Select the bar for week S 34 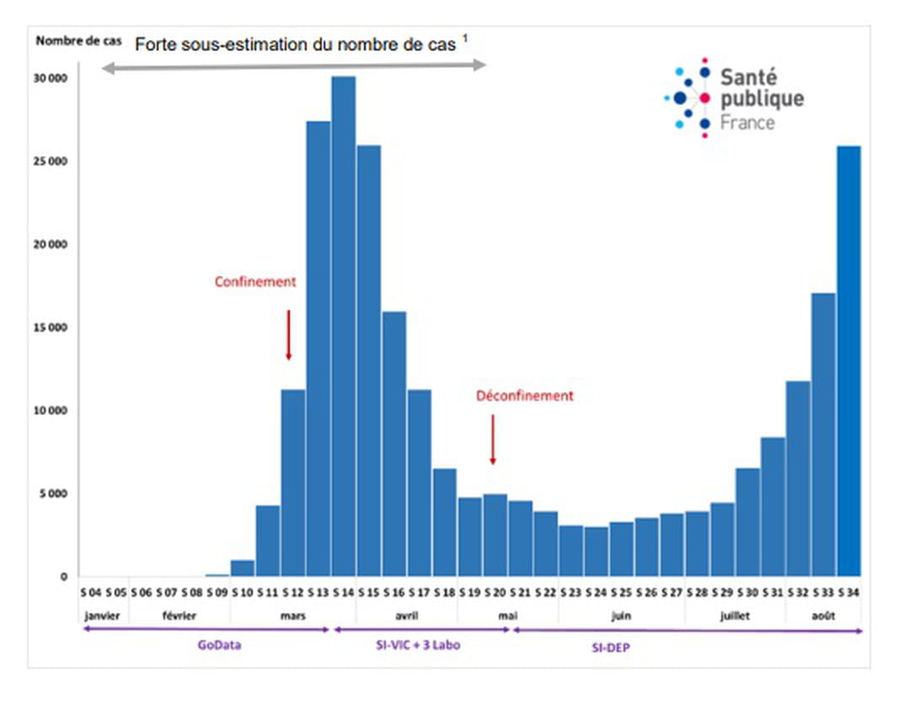tap(849, 362)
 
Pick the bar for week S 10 tap(242, 569)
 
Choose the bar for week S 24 tap(597, 552)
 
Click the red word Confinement tap(255, 282)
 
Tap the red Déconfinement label tap(524, 395)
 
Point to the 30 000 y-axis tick tap(50, 78)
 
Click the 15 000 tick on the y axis tap(50, 328)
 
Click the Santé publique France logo tap(734, 99)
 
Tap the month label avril tap(406, 616)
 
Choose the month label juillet tap(735, 616)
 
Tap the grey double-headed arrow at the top tap(294, 66)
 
